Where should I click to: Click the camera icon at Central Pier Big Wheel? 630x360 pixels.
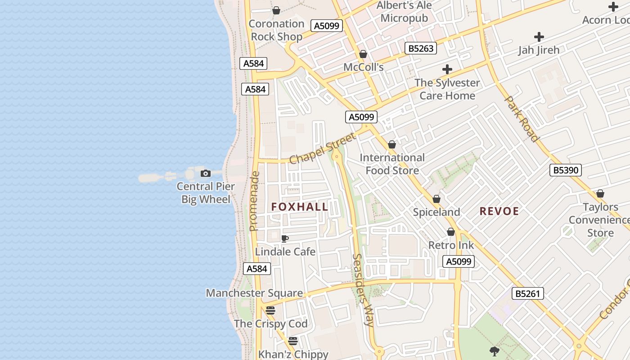pyautogui.click(x=205, y=173)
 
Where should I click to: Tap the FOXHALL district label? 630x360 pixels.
pyautogui.click(x=300, y=207)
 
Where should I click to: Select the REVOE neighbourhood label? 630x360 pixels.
pyautogui.click(x=499, y=211)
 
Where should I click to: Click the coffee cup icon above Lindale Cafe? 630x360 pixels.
pyautogui.click(x=284, y=238)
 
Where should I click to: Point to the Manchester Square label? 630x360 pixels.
pyautogui.click(x=254, y=293)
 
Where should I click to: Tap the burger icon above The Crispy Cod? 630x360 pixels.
pyautogui.click(x=270, y=310)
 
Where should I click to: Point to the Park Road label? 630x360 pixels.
pyautogui.click(x=522, y=118)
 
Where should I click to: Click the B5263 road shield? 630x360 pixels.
pyautogui.click(x=421, y=48)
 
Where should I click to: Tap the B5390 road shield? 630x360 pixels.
pyautogui.click(x=566, y=170)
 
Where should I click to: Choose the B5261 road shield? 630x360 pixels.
pyautogui.click(x=528, y=294)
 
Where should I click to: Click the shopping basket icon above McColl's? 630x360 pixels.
pyautogui.click(x=363, y=54)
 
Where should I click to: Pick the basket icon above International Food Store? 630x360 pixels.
pyautogui.click(x=392, y=144)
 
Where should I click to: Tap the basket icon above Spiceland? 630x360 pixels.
pyautogui.click(x=436, y=199)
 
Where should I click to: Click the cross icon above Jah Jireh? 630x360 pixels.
pyautogui.click(x=539, y=37)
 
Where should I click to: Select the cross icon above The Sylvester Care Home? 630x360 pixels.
pyautogui.click(x=447, y=69)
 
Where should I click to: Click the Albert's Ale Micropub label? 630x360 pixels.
pyautogui.click(x=404, y=12)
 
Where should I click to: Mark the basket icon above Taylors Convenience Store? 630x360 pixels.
pyautogui.click(x=600, y=193)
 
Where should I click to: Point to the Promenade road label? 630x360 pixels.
pyautogui.click(x=255, y=201)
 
